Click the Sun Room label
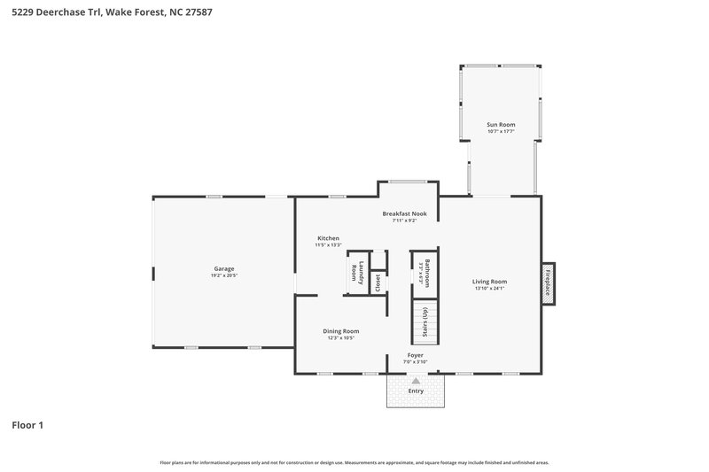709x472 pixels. click(501, 125)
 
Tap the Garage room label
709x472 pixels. click(223, 268)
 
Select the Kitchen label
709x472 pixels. click(329, 238)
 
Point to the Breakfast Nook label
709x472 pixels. click(404, 213)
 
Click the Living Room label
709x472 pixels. click(489, 282)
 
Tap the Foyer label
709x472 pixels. click(415, 355)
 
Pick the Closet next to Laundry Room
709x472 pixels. click(378, 282)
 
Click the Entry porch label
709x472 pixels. click(416, 391)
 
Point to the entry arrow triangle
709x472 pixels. click(416, 380)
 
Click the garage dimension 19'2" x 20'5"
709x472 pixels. click(223, 275)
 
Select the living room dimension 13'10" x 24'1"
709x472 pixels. click(489, 288)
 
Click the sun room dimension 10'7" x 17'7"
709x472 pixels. click(501, 132)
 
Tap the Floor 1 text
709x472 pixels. click(27, 425)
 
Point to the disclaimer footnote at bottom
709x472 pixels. click(354, 462)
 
